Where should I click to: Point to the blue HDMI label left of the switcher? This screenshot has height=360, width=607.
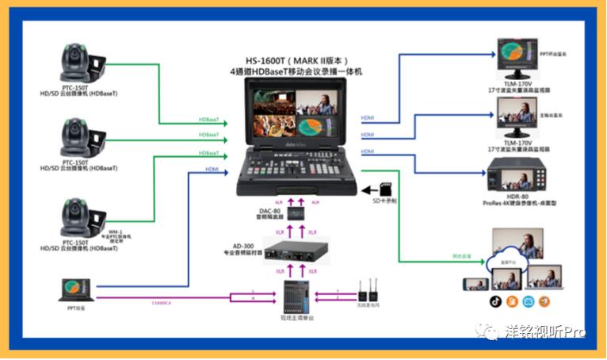pyautogui.click(x=212, y=169)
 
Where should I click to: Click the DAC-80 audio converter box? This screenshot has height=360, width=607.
pyautogui.click(x=298, y=215)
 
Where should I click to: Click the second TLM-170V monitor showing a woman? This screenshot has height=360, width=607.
pyautogui.click(x=519, y=119)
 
